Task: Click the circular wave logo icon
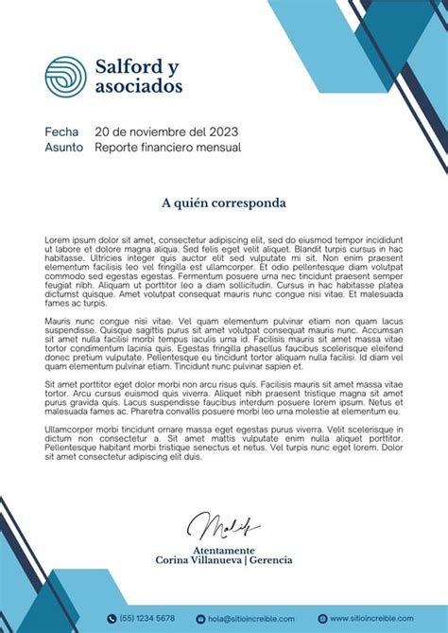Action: pos(65,76)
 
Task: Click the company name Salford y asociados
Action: pos(139,76)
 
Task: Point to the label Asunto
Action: pos(63,148)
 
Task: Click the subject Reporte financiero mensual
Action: pos(168,148)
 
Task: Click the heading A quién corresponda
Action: pos(223,202)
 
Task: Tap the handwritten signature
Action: pos(222,526)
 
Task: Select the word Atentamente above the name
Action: pos(223,550)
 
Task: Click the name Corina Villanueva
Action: pos(197,560)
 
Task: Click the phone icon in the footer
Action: pos(112,619)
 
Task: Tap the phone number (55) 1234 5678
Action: pos(146,619)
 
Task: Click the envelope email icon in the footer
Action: pos(200,619)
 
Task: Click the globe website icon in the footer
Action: pos(322,619)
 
